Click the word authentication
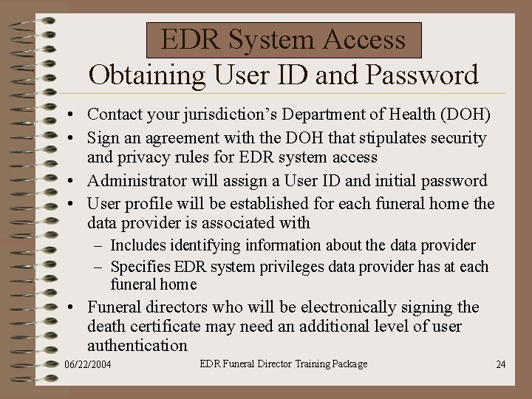pyautogui.click(x=137, y=345)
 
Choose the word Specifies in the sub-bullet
pyautogui.click(x=140, y=267)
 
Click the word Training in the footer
pyautogui.click(x=311, y=364)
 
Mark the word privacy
pyautogui.click(x=143, y=157)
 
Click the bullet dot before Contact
pyautogui.click(x=67, y=115)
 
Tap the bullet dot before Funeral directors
pyautogui.click(x=67, y=307)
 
